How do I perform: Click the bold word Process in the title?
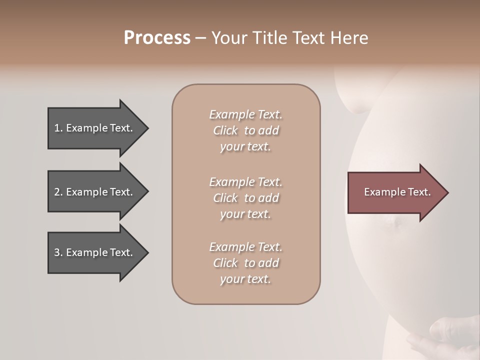157,38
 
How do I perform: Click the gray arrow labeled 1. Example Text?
95,128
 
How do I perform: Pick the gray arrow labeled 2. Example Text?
95,192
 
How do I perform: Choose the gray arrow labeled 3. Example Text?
95,252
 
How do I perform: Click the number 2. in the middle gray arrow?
58,192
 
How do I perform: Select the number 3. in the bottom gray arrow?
58,252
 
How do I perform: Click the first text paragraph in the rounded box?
245,130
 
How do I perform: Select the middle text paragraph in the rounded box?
245,198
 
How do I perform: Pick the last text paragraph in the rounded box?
245,263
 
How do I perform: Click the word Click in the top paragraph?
225,130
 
